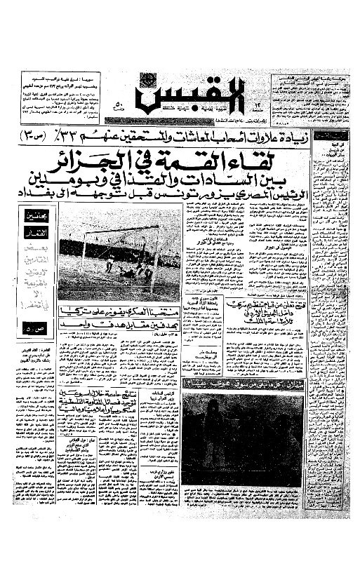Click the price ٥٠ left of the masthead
point(116,107)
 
